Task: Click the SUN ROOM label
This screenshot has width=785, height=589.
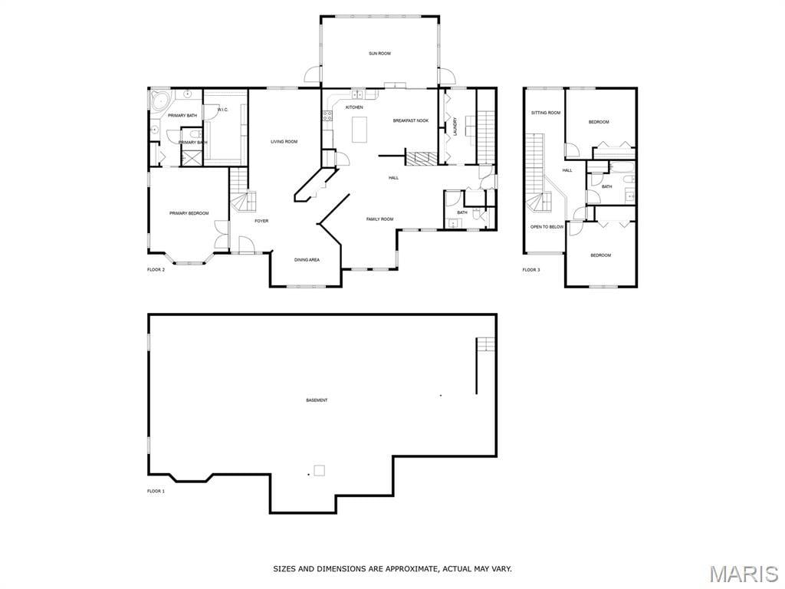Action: click(x=379, y=54)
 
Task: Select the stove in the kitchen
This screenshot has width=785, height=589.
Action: click(x=327, y=117)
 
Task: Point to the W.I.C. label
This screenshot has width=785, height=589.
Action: click(x=223, y=110)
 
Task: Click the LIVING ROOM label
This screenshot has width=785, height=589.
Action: click(x=284, y=142)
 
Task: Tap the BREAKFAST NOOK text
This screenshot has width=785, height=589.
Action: click(x=411, y=120)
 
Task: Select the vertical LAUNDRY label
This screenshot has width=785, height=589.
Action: click(x=455, y=127)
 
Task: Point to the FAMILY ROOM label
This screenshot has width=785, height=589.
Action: click(x=379, y=219)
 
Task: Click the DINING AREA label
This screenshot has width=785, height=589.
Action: click(x=307, y=260)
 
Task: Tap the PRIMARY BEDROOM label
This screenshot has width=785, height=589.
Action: click(x=189, y=213)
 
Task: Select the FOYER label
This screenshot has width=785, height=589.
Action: click(x=261, y=221)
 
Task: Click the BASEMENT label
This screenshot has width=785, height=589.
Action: click(x=317, y=400)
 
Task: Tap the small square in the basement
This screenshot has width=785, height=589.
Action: click(x=319, y=470)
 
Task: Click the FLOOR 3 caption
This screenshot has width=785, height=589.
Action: click(x=531, y=270)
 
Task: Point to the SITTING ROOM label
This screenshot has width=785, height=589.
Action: click(x=546, y=114)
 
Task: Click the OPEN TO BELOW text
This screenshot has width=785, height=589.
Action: click(x=547, y=227)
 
